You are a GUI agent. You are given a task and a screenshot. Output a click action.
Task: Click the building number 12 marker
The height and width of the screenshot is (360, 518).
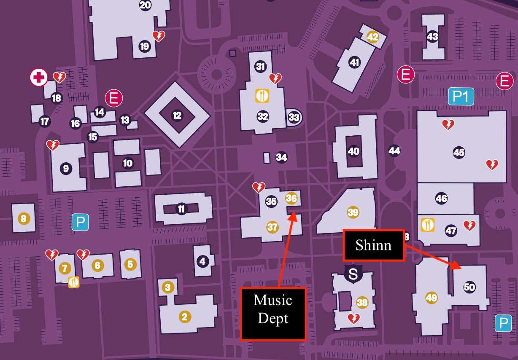177,115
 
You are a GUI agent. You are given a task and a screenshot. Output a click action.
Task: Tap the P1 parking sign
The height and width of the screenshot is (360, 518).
461,97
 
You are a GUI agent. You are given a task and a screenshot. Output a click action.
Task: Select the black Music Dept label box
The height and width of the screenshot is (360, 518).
273,314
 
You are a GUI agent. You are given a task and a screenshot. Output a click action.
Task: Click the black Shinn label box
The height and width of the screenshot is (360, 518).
373,245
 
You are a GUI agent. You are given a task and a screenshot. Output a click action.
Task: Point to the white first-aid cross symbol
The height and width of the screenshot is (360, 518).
38,78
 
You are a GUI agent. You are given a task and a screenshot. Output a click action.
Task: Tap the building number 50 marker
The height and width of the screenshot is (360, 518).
469,287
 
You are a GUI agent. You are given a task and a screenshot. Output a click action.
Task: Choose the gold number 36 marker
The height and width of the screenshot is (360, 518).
291,198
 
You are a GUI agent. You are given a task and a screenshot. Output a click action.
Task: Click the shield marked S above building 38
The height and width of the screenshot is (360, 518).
353,274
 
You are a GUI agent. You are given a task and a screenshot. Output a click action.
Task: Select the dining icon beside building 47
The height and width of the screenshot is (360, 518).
428,224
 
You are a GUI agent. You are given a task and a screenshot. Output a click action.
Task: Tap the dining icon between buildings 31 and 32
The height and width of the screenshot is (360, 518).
262,96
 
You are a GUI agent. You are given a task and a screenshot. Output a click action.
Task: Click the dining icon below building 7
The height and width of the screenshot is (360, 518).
74,282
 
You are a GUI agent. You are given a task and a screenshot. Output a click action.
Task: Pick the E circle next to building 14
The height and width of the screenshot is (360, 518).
113,98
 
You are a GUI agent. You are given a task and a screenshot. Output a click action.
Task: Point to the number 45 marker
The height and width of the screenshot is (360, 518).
459,153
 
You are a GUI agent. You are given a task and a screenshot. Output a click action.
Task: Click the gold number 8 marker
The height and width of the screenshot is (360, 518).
23,218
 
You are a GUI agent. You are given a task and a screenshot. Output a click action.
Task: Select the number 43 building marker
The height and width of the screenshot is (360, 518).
432,36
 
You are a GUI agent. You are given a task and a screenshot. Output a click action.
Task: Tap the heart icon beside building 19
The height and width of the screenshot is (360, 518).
159,36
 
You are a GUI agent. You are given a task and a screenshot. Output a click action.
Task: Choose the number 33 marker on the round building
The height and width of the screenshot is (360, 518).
294,117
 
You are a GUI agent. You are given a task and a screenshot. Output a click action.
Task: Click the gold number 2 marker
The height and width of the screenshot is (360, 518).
183,317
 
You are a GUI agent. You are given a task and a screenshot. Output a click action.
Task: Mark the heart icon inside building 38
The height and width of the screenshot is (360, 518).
353,318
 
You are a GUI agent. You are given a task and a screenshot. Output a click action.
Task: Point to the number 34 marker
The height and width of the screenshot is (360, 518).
281,158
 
